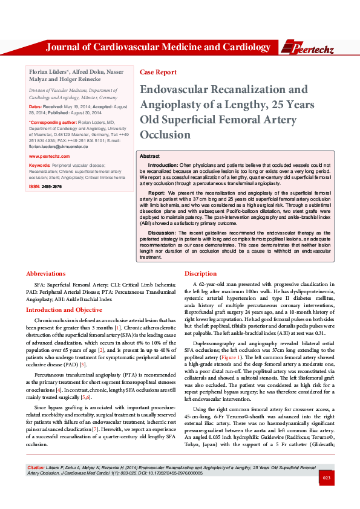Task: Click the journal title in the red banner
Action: pyautogui.click(x=158, y=47)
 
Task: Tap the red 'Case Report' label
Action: pyautogui.click(x=158, y=72)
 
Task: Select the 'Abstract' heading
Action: pyautogui.click(x=149, y=156)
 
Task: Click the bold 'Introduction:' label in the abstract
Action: pyautogui.click(x=163, y=165)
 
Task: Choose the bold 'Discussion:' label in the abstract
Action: pyautogui.click(x=162, y=233)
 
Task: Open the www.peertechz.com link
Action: pyautogui.click(x=49, y=156)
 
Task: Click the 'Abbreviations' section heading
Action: pyautogui.click(x=46, y=273)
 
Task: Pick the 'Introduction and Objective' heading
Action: pyautogui.click(x=64, y=310)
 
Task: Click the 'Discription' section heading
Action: pyautogui.click(x=200, y=273)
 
